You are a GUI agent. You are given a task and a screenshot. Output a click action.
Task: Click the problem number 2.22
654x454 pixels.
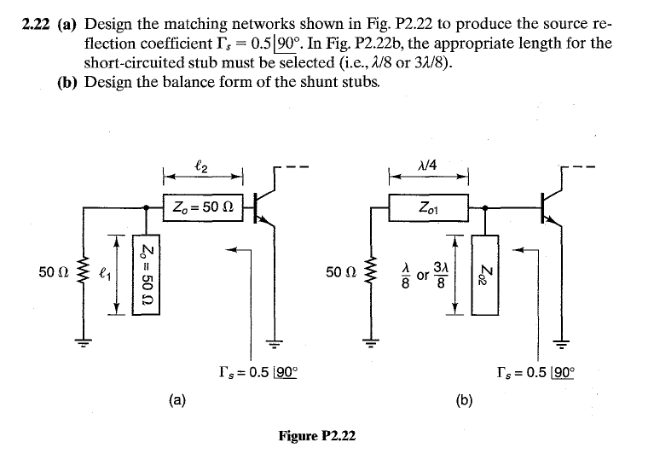[38, 25]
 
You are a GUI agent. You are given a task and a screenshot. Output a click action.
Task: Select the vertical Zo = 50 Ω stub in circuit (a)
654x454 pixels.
[148, 273]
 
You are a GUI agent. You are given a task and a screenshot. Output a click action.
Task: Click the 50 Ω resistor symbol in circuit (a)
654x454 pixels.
[84, 273]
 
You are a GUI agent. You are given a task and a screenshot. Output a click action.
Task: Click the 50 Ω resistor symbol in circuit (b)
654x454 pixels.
[371, 273]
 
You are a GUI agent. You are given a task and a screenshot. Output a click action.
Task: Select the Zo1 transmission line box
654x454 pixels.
[430, 207]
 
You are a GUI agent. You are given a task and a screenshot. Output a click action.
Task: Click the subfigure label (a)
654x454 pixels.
[178, 398]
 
